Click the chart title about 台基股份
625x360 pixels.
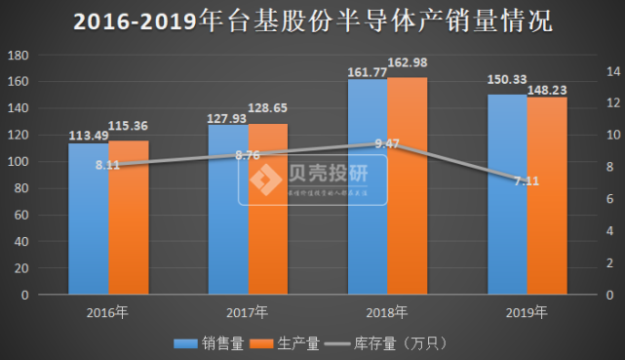(x=313, y=21)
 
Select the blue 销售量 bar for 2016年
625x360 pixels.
(x=89, y=220)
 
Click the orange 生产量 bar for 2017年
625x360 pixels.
(x=268, y=209)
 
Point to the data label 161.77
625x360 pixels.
(x=367, y=70)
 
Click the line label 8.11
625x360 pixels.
(x=108, y=166)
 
